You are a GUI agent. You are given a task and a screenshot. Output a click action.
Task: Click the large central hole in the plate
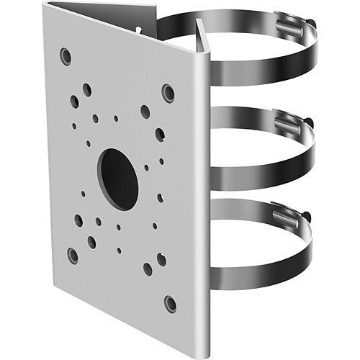pos(118,179)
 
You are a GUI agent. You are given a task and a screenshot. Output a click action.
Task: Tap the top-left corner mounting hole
pos(66,55)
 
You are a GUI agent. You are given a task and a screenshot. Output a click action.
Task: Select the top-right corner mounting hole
pos(168,93)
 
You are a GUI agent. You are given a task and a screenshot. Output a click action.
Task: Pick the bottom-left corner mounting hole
pos(73,255)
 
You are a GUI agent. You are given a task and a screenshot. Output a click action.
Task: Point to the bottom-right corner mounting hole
pos(170,302)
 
